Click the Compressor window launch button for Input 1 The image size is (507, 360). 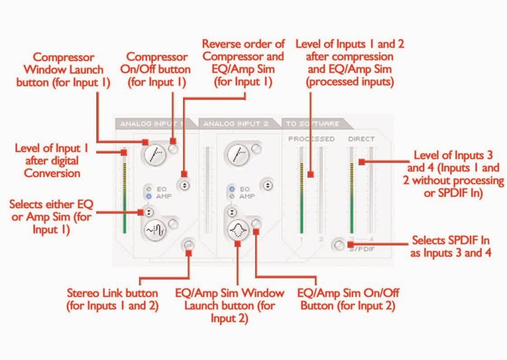pos(153,154)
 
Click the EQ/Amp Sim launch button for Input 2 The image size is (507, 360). pos(237,229)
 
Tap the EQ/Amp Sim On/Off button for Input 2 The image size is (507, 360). pos(256,223)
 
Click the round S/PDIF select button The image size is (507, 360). pos(338,244)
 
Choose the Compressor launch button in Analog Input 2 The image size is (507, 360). pos(237,154)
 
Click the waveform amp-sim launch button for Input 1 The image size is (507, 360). pos(153,229)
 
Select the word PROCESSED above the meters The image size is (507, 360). pos(311,139)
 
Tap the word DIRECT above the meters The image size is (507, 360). pos(361,139)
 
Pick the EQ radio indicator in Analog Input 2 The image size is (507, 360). pos(232,189)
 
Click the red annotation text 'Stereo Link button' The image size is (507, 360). pos(111,293)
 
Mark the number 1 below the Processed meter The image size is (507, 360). pos(300,239)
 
